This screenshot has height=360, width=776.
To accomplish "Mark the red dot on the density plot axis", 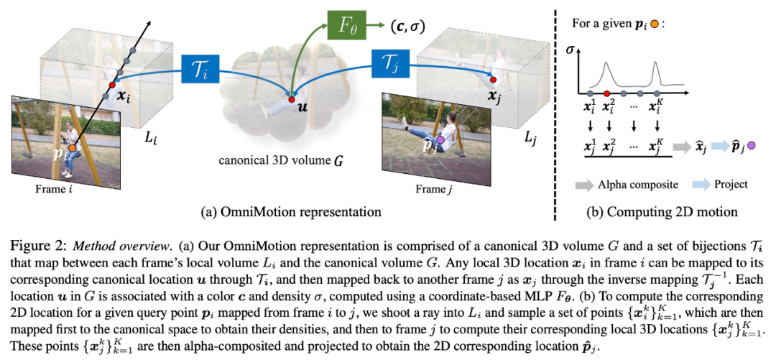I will click(608, 93).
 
